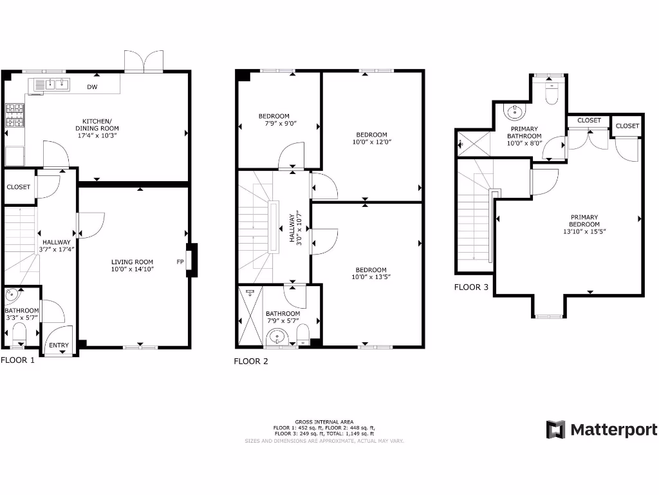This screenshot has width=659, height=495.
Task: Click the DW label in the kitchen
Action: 93,86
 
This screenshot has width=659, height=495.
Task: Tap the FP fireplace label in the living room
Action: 180,262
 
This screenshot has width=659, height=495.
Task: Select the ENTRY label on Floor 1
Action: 59,345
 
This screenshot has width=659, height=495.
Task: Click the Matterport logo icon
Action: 555,429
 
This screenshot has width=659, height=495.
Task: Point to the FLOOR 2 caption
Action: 250,362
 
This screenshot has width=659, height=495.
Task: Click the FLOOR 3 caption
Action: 471,287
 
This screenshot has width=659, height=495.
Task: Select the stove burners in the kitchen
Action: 14,116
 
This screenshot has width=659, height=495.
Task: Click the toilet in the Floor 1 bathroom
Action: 19,334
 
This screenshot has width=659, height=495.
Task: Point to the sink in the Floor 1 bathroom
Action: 13,296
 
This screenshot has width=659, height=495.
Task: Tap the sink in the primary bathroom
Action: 514,113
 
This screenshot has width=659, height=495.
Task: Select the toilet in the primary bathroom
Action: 552,93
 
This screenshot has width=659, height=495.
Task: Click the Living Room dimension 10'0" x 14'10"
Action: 132,271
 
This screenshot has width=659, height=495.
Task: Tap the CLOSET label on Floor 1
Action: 19,187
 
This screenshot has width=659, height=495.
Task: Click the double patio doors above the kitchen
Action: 145,63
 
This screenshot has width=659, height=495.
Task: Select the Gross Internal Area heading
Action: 324,422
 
